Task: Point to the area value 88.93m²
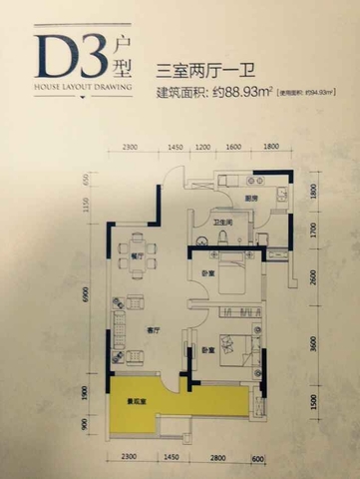coord(247,93)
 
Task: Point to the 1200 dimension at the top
coord(203,148)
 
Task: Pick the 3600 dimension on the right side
coord(312,346)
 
